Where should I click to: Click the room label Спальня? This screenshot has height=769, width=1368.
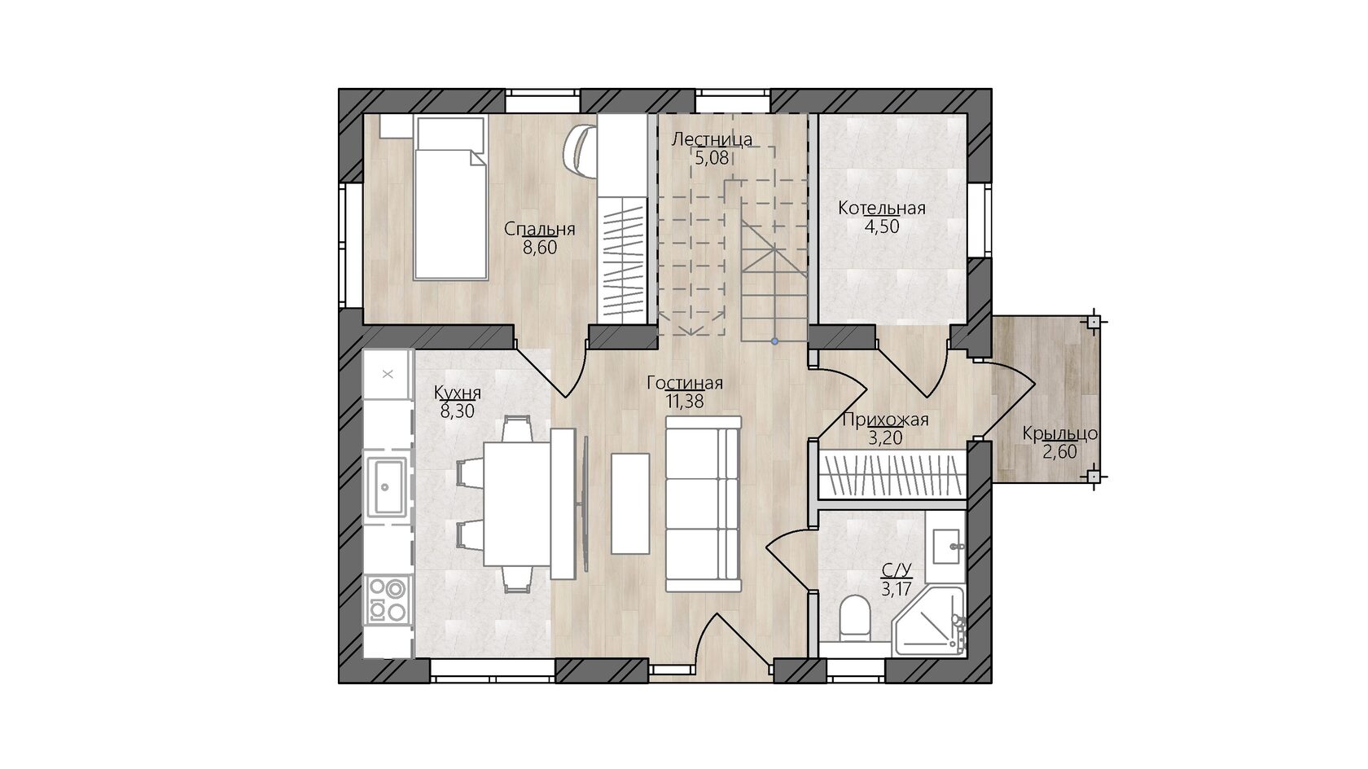539,230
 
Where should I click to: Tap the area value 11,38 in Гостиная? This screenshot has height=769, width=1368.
685,402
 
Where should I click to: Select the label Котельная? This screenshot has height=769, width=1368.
882,209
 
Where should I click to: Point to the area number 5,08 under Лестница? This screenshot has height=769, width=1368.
712,158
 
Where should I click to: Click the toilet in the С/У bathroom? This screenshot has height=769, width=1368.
854,619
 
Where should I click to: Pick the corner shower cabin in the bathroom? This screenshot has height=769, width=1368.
929,622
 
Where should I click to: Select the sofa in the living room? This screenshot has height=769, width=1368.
704,504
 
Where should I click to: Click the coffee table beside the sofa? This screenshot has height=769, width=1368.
630,503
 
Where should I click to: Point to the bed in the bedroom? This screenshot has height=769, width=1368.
451,198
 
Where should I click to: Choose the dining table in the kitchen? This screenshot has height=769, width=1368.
516,504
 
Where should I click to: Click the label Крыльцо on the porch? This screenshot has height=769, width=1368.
1060,434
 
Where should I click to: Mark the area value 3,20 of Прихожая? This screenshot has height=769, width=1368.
885,438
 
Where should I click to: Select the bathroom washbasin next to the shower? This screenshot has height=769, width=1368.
945,547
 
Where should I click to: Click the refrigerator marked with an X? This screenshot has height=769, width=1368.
388,375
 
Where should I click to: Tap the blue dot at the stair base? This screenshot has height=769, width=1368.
774,341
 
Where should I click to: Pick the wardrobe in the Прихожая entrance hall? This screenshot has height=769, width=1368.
892,474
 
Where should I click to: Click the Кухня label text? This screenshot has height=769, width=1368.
458,392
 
